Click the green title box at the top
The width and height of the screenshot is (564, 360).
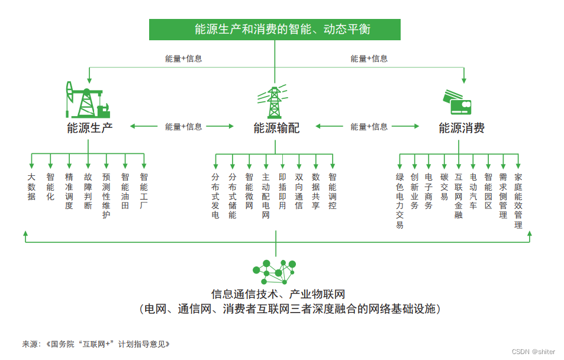[275, 29]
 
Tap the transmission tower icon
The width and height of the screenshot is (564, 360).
[274, 102]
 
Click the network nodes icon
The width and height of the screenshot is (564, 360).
[276, 272]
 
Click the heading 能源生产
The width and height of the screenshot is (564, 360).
[89, 127]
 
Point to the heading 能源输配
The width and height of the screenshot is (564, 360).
[276, 128]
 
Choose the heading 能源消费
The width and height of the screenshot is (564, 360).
[462, 128]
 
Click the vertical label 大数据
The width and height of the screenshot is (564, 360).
[31, 187]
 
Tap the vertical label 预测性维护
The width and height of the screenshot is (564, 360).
[107, 195]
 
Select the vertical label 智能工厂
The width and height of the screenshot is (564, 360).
[144, 191]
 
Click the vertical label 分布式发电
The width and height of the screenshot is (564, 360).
[215, 196]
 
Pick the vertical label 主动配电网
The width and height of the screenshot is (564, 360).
[266, 196]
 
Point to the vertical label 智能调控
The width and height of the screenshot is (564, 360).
[333, 191]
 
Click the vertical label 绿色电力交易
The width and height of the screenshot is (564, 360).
[400, 201]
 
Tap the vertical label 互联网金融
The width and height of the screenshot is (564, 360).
[459, 196]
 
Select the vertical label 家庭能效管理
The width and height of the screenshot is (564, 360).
[518, 201]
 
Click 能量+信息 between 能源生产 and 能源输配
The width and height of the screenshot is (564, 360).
[183, 127]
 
